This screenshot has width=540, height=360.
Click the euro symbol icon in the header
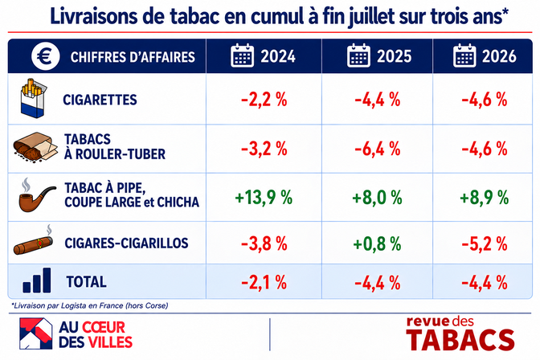tap(46, 55)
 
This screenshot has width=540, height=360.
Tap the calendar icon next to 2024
tap(242, 55)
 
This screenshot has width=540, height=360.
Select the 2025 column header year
tap(394, 56)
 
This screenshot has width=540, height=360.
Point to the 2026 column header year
tap(499, 56)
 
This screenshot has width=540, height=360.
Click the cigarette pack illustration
tap(34, 98)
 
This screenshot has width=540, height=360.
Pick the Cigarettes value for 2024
tap(264, 100)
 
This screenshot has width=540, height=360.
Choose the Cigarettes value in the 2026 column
tap(485, 100)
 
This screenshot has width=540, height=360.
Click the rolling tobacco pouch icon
tap(35, 147)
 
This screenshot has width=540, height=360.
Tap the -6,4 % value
tap(378, 149)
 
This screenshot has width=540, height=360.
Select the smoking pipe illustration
tap(36, 195)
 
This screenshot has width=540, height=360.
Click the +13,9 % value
tap(264, 198)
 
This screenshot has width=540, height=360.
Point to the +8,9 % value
tap(485, 198)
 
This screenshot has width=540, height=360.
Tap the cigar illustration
tap(34, 241)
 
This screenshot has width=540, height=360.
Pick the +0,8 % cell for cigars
tap(378, 243)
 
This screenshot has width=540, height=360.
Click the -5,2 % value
tap(485, 243)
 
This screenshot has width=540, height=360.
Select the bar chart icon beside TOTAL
tap(37, 280)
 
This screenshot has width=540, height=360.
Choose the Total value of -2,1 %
tap(264, 283)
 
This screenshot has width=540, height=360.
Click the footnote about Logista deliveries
tap(90, 305)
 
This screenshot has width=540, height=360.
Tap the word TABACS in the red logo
tap(460, 341)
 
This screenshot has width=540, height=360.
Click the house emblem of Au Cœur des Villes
tap(36, 333)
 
